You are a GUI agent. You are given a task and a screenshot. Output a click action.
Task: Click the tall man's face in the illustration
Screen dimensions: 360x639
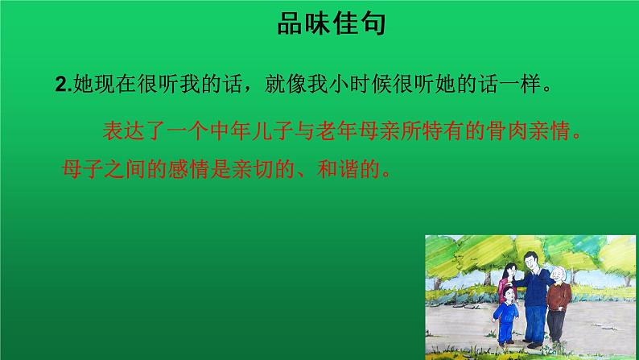tap(529, 263)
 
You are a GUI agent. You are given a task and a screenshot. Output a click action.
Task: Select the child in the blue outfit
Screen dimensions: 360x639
tap(507, 317)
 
